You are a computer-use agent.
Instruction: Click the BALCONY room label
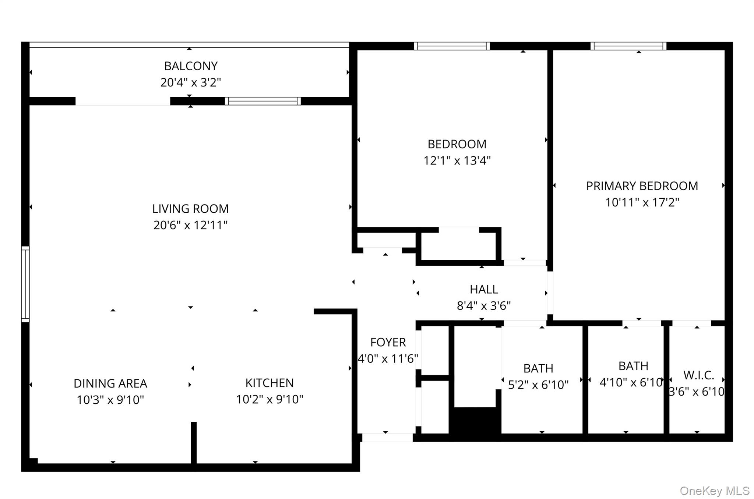click(x=191, y=66)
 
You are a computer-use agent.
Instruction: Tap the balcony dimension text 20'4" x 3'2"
click(x=191, y=82)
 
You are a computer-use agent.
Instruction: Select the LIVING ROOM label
click(x=190, y=209)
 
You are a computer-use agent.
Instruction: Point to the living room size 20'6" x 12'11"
click(x=190, y=225)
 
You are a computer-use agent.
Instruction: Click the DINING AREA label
click(x=110, y=383)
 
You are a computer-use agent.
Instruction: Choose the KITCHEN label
click(x=269, y=383)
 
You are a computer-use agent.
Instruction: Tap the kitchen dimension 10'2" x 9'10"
click(x=269, y=399)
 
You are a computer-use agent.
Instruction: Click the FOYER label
click(x=388, y=343)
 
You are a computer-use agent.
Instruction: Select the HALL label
click(x=484, y=290)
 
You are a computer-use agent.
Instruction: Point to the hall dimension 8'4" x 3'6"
click(x=484, y=306)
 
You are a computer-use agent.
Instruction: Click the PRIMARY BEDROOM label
click(x=642, y=186)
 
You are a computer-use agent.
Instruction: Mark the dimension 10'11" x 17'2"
click(x=642, y=202)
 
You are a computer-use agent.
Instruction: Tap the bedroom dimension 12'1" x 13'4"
click(x=457, y=161)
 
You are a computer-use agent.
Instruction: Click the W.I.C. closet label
click(x=698, y=375)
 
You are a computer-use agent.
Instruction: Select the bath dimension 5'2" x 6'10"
click(x=538, y=385)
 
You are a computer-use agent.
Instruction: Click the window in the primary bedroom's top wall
click(x=628, y=46)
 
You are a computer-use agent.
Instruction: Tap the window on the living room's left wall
click(x=25, y=284)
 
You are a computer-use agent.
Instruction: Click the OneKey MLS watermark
click(x=714, y=491)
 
